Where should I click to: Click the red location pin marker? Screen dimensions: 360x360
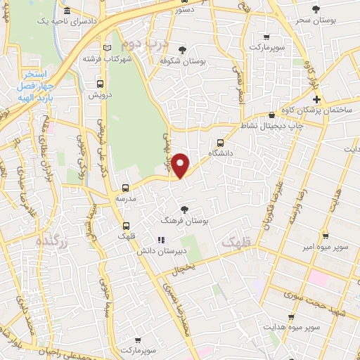(x=181, y=165)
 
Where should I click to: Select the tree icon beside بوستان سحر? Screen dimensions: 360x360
(x=314, y=9)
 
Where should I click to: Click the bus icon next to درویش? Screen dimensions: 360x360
(x=99, y=84)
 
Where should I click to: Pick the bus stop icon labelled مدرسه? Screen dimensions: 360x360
(x=125, y=188)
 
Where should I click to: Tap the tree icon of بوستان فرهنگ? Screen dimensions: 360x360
(x=184, y=209)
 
